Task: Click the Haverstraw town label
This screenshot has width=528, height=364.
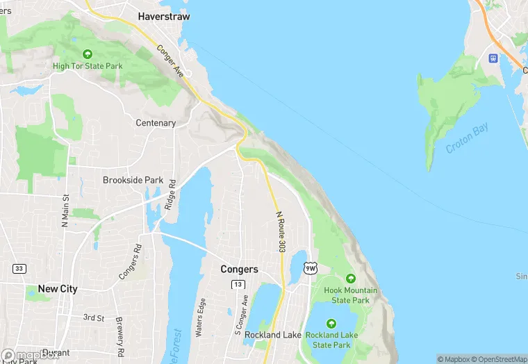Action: (164, 16)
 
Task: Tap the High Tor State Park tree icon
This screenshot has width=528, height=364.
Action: (88, 54)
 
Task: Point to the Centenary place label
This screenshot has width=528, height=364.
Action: (155, 123)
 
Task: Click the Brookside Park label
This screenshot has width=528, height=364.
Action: (133, 180)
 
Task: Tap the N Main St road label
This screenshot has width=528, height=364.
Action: (65, 209)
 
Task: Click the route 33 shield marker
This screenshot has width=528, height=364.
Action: (18, 268)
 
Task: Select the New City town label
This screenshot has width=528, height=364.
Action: (58, 288)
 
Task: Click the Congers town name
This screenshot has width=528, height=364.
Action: (239, 269)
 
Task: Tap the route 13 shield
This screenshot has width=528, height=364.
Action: (238, 284)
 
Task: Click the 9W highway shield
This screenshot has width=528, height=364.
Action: (311, 268)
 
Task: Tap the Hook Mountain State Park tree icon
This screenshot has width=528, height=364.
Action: (351, 278)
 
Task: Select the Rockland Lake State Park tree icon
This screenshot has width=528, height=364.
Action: (331, 323)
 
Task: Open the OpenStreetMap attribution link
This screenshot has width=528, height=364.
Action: (498, 359)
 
